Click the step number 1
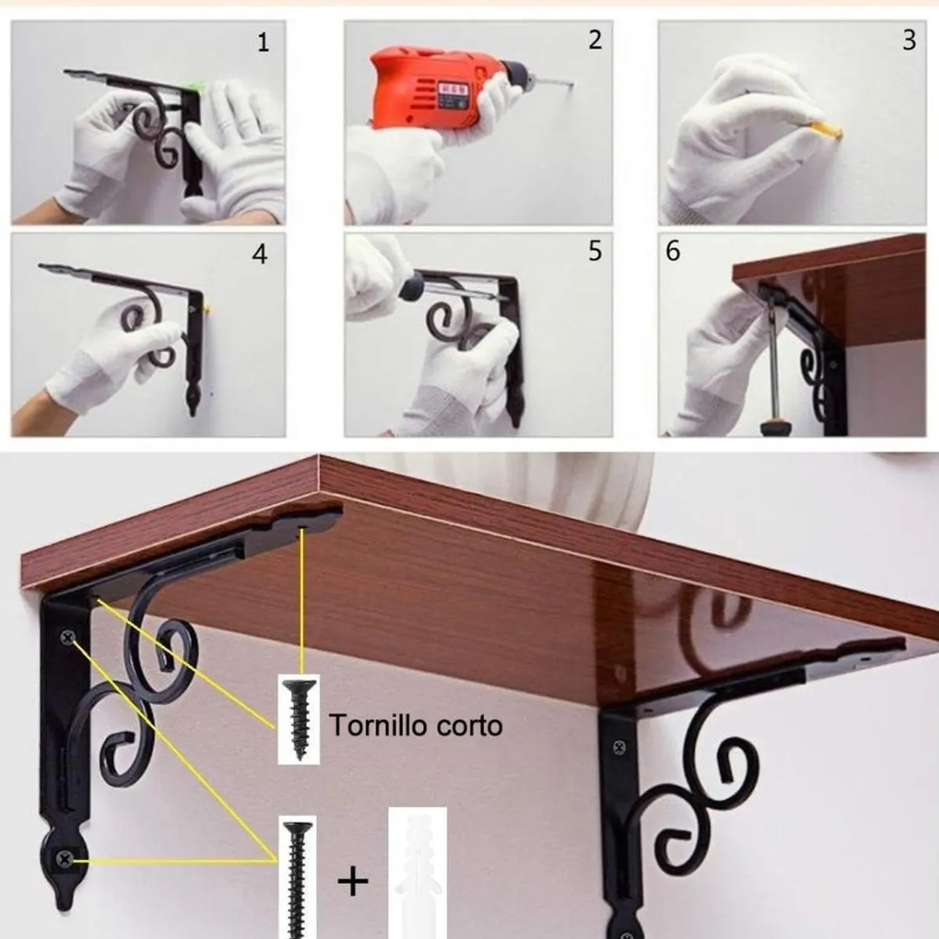263,42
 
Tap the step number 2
595,40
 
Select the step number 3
908,41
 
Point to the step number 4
259,254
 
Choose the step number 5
595,251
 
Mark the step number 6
673,251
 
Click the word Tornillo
370,725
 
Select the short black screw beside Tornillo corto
298,718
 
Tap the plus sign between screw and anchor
353,881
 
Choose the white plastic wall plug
417,872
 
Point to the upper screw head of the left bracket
67,639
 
